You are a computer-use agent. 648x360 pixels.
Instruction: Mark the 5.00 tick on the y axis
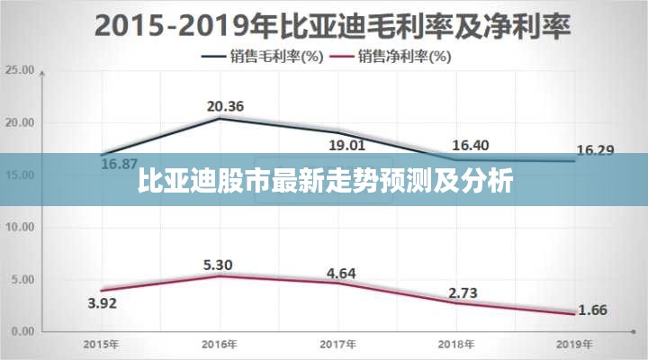point(21,280)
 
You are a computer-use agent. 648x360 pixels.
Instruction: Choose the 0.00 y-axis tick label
point(21,332)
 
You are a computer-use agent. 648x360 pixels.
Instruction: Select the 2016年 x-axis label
point(219,345)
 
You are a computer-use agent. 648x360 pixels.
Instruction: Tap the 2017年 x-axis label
point(337,345)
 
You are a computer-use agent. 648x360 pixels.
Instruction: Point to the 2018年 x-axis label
point(456,345)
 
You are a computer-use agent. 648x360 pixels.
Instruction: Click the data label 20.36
point(225,107)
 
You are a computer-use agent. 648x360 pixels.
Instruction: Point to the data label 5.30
point(219,265)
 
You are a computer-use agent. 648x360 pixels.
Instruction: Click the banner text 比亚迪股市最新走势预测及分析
point(326,181)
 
